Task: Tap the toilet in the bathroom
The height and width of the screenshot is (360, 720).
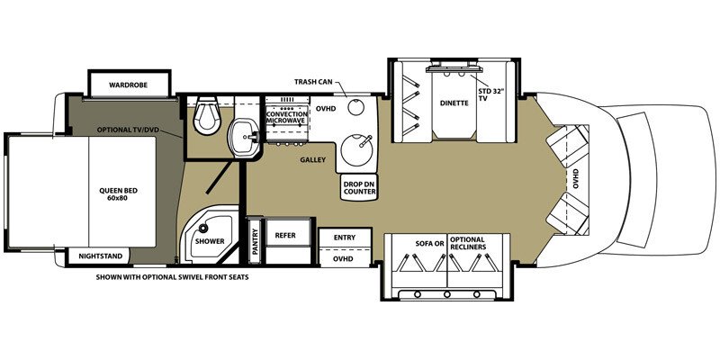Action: (x=205, y=116)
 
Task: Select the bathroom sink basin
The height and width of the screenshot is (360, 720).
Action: (x=244, y=137)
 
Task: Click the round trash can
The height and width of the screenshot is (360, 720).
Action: (x=355, y=107)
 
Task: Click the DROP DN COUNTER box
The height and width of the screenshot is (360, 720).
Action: (x=359, y=187)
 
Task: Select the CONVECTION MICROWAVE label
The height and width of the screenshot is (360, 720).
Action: (x=287, y=117)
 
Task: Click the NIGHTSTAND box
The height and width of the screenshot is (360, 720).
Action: (x=99, y=256)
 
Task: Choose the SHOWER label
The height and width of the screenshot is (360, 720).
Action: (x=210, y=241)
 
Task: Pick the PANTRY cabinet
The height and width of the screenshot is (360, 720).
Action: (x=256, y=241)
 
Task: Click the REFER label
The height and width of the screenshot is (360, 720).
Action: (x=285, y=236)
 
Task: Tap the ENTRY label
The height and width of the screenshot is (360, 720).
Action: (x=345, y=238)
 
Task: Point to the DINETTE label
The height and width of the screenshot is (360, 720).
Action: (x=454, y=103)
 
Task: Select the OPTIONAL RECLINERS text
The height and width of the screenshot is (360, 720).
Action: (x=468, y=243)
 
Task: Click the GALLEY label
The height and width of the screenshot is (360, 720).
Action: (x=312, y=160)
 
